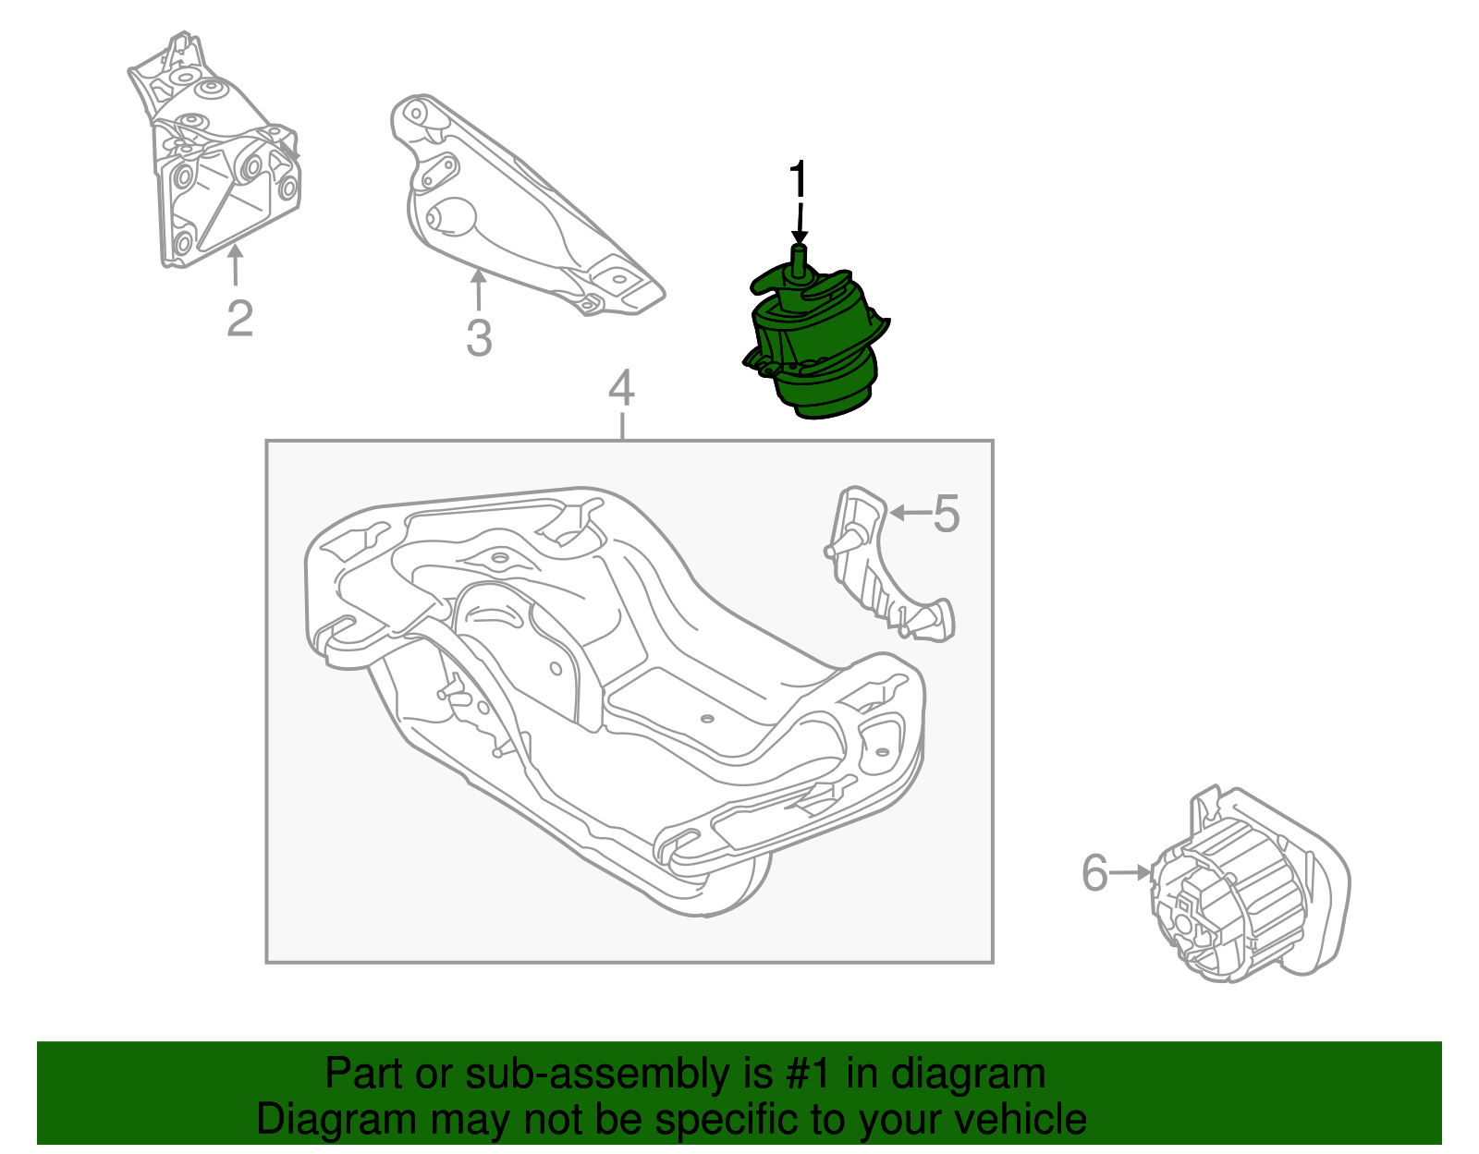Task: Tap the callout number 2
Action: pos(239,319)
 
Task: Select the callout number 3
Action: pos(478,338)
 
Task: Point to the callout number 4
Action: pos(621,388)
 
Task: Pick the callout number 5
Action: pos(946,513)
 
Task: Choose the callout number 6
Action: pos(1094,872)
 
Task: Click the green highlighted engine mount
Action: pos(813,351)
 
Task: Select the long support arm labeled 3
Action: pos(518,213)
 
